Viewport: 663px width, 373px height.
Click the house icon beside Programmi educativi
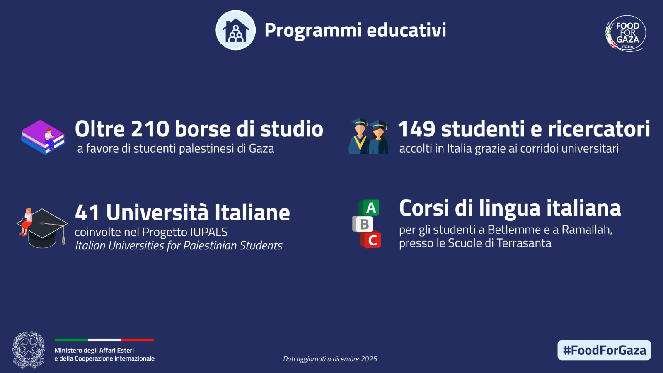(x=236, y=30)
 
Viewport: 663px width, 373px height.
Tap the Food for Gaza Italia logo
(x=625, y=33)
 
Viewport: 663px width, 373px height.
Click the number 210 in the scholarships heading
(x=150, y=129)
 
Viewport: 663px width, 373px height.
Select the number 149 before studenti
(x=417, y=129)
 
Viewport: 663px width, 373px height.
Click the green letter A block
(x=369, y=208)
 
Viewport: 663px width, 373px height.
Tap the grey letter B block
(x=363, y=224)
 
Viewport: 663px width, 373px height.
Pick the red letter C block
(x=370, y=240)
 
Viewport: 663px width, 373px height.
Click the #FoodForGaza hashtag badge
(x=604, y=350)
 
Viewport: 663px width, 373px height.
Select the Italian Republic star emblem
(x=29, y=350)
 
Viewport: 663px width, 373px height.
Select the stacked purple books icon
(x=43, y=137)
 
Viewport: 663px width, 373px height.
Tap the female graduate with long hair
(x=378, y=137)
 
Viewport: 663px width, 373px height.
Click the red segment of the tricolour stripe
(x=137, y=340)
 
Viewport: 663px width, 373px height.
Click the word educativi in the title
(x=407, y=30)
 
